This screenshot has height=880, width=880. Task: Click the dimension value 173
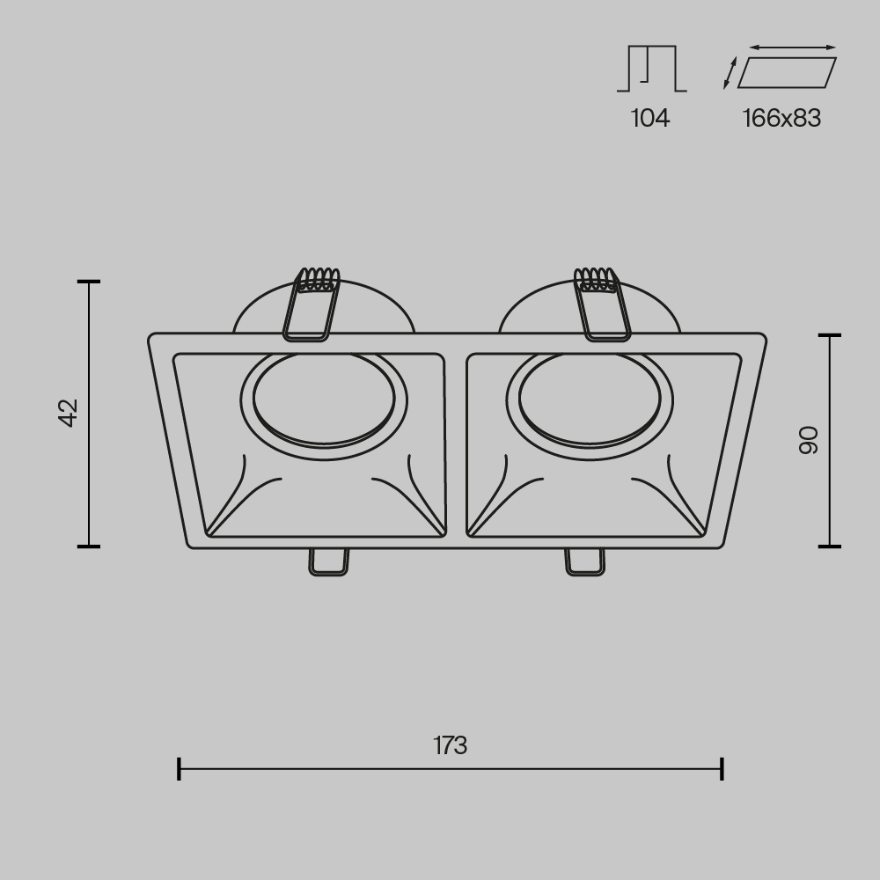tap(450, 745)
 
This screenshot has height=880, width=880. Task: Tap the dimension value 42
tap(69, 413)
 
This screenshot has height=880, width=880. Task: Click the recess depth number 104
tap(650, 118)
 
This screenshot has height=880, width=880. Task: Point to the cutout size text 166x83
tap(781, 118)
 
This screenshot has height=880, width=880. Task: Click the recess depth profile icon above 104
tap(651, 69)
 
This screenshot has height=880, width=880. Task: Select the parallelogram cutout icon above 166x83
tap(787, 72)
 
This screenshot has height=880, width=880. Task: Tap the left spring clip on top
tap(312, 304)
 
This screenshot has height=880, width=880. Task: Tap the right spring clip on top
tap(602, 304)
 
